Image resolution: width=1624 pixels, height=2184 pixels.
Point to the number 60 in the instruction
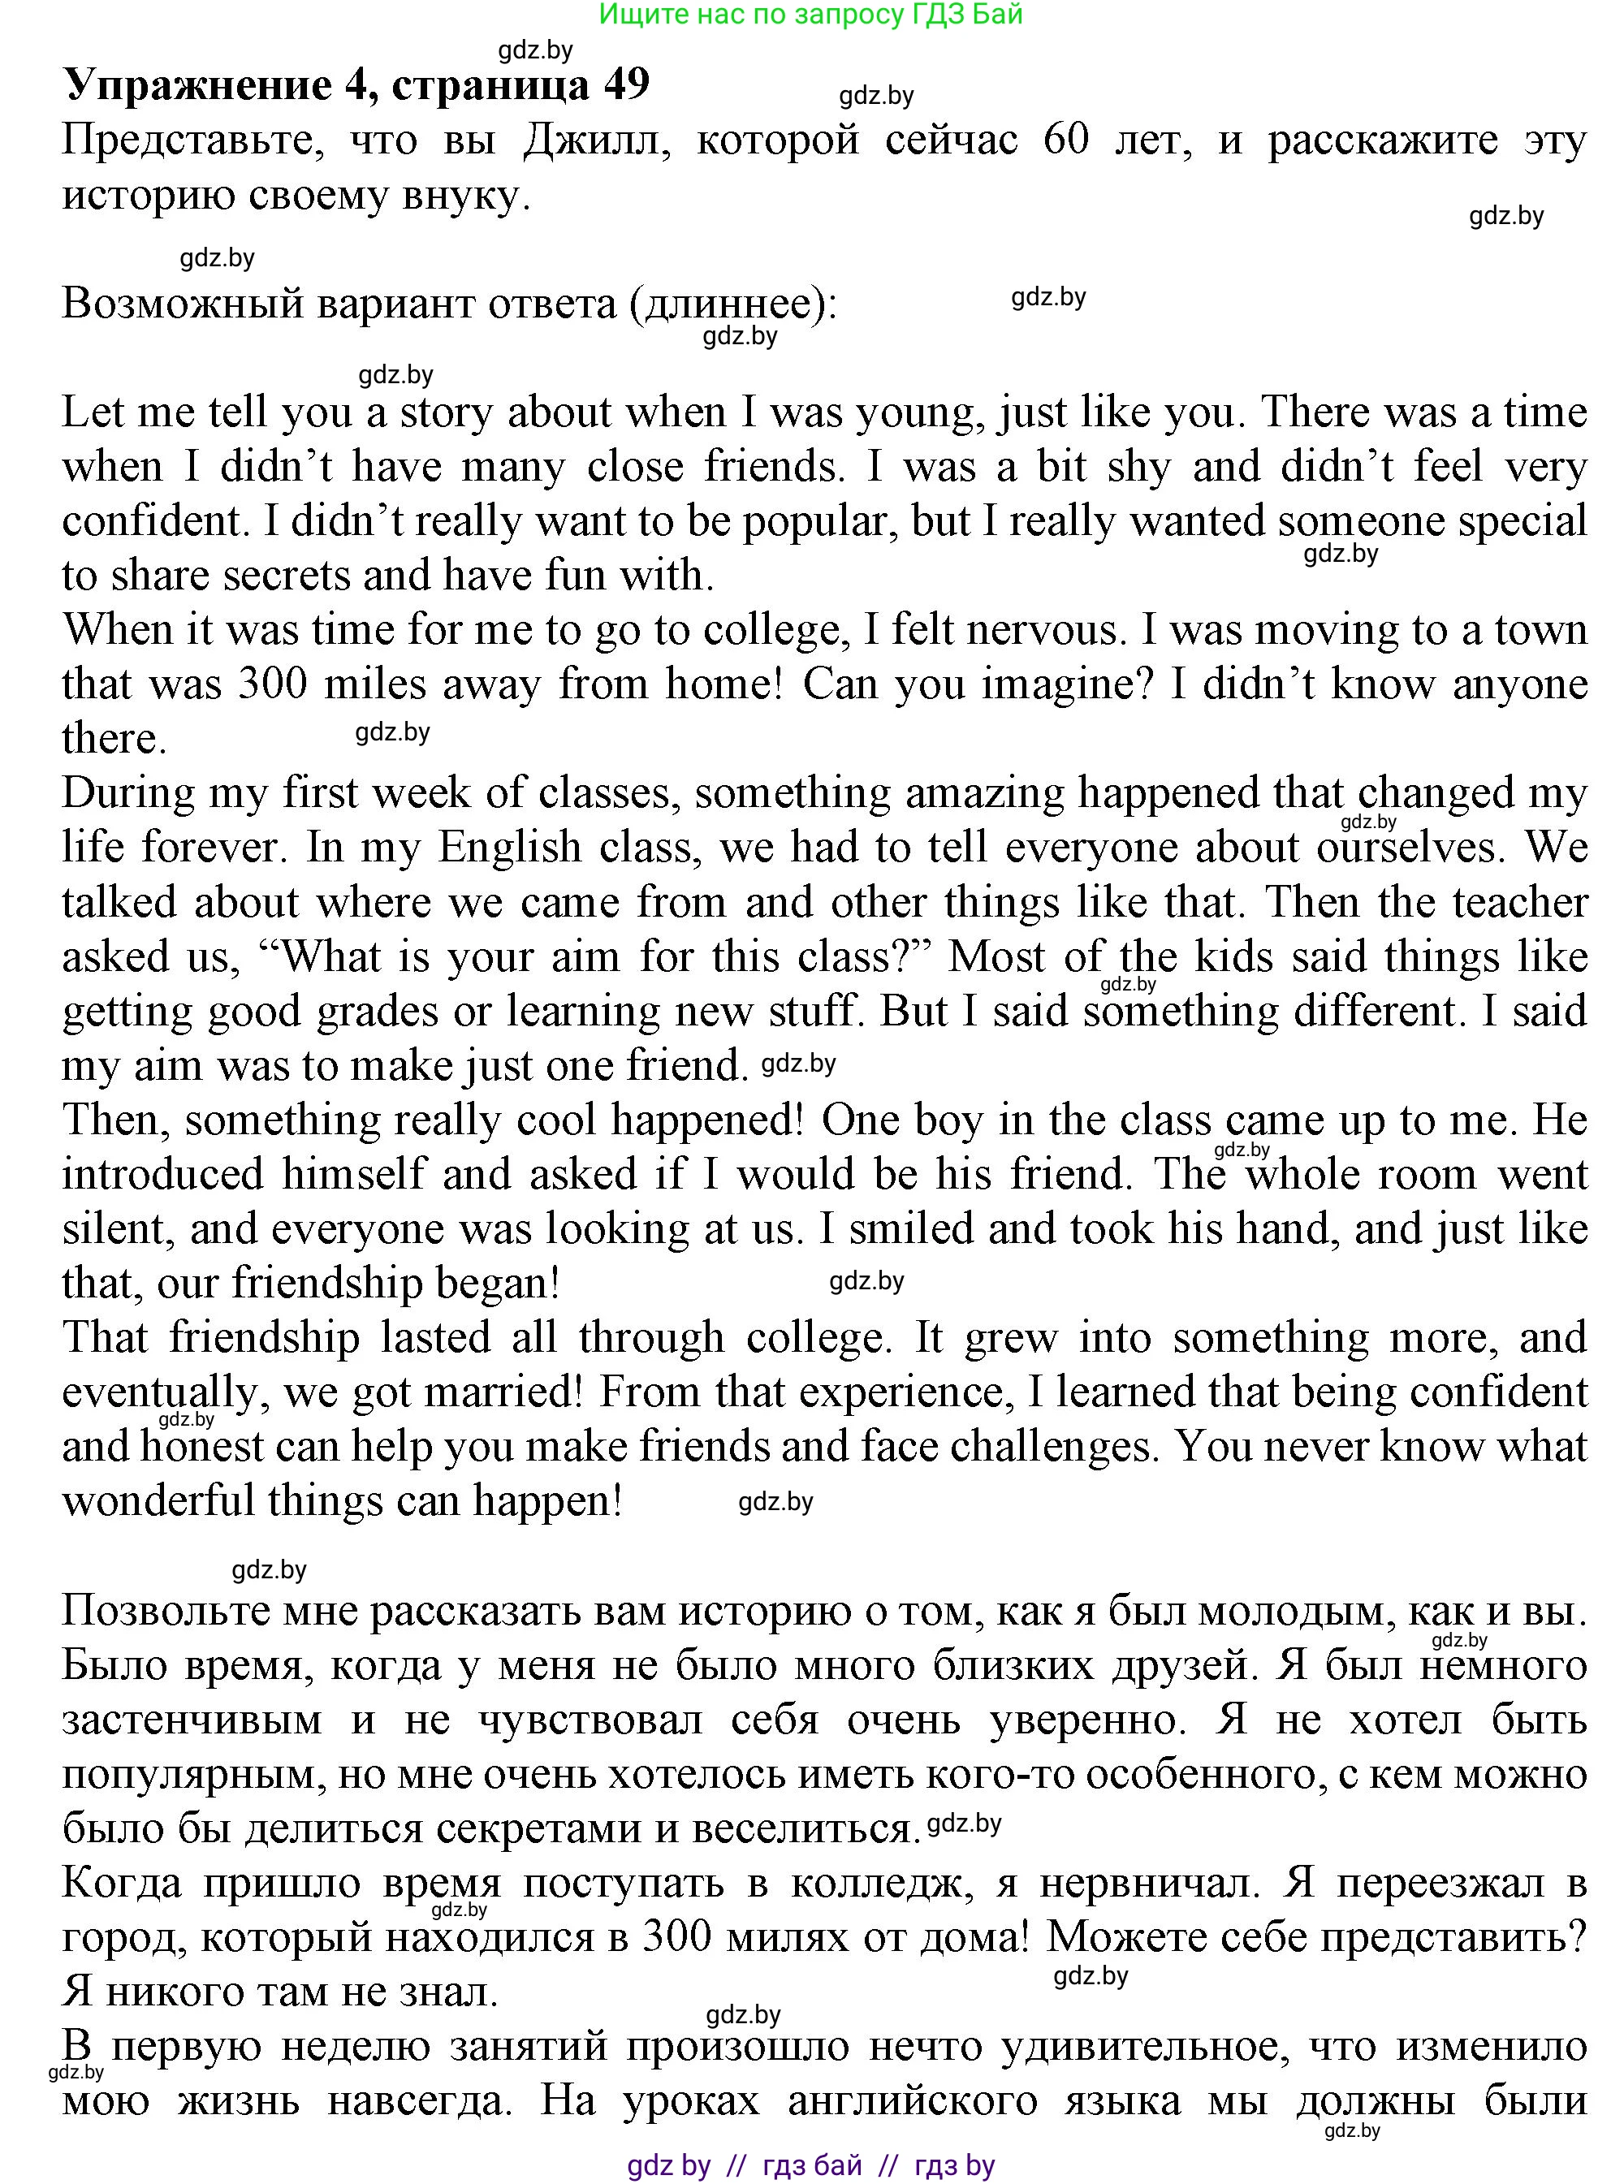pyautogui.click(x=1065, y=140)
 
